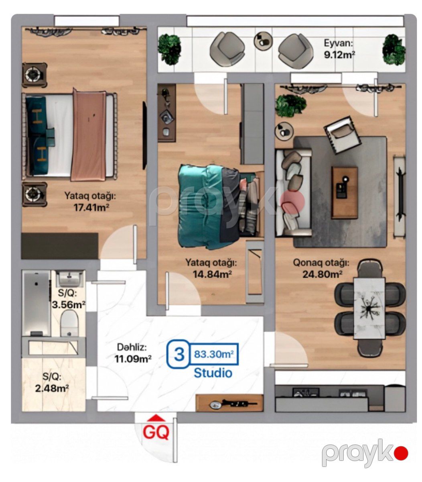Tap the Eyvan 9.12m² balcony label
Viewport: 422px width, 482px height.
point(339,49)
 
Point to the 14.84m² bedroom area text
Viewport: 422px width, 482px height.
point(212,274)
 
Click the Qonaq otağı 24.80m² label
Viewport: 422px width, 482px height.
point(321,269)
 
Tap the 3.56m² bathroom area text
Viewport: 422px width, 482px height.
point(69,304)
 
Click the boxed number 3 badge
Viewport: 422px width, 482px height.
point(179,354)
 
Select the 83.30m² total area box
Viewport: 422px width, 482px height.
point(214,354)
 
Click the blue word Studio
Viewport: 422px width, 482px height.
point(213,373)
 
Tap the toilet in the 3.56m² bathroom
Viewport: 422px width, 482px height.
point(69,324)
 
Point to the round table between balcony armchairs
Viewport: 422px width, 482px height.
point(263,41)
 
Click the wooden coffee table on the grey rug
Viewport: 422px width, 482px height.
point(344,192)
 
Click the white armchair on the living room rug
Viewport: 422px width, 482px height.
point(343,135)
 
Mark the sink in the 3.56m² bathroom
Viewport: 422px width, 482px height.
point(70,278)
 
